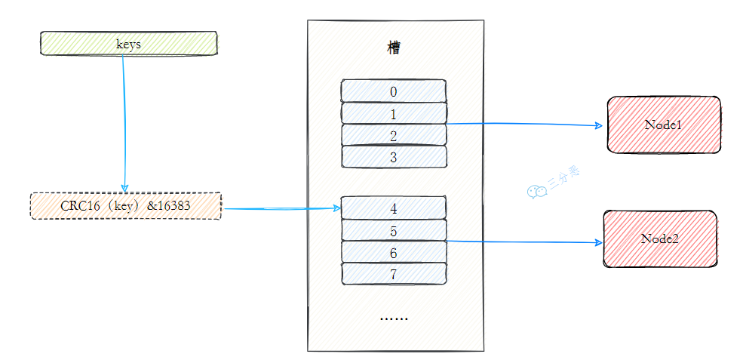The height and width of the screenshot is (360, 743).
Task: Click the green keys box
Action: tap(128, 44)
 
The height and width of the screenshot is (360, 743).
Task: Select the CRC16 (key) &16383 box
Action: tap(125, 206)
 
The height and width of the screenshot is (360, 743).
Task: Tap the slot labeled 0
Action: tap(393, 91)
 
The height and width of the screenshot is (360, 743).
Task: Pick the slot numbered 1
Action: tap(393, 113)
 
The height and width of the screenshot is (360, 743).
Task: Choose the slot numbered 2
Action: tap(393, 135)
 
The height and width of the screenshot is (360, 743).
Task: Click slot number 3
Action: tap(393, 157)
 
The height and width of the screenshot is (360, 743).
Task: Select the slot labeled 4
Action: tap(393, 208)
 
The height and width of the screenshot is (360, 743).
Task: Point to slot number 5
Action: tap(393, 229)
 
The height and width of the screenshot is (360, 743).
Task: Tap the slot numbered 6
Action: tap(393, 252)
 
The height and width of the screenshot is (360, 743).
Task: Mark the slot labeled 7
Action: tap(393, 273)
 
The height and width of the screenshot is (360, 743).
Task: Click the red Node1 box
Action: tap(664, 125)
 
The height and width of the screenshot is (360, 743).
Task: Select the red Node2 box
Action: tap(660, 238)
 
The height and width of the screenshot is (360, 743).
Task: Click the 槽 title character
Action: tap(394, 48)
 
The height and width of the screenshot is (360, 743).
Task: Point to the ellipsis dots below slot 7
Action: tap(393, 318)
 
